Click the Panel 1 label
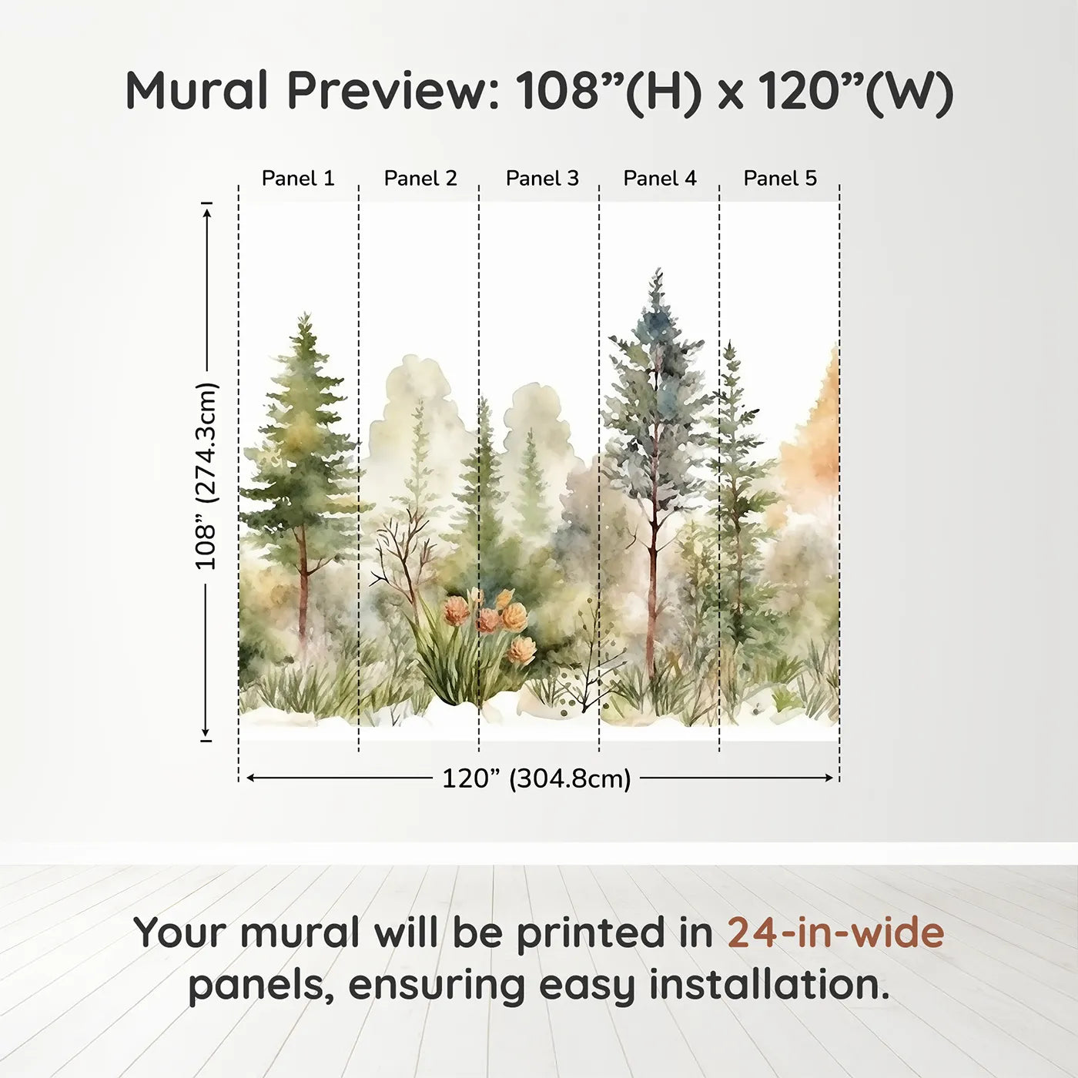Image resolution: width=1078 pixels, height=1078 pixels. [298, 179]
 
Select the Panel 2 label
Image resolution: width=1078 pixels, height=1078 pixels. [420, 179]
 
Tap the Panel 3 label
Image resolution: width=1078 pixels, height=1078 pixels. [542, 179]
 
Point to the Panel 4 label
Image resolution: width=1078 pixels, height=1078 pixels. [660, 179]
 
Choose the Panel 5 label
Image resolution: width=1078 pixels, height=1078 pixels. [780, 179]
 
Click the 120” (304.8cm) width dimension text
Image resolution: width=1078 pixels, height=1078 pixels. [536, 778]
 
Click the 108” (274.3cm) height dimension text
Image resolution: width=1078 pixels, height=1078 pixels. [206, 476]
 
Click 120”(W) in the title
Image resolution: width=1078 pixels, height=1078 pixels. [855, 91]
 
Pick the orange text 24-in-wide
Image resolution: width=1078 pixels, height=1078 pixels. [835, 932]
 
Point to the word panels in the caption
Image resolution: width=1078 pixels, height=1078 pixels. [261, 986]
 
